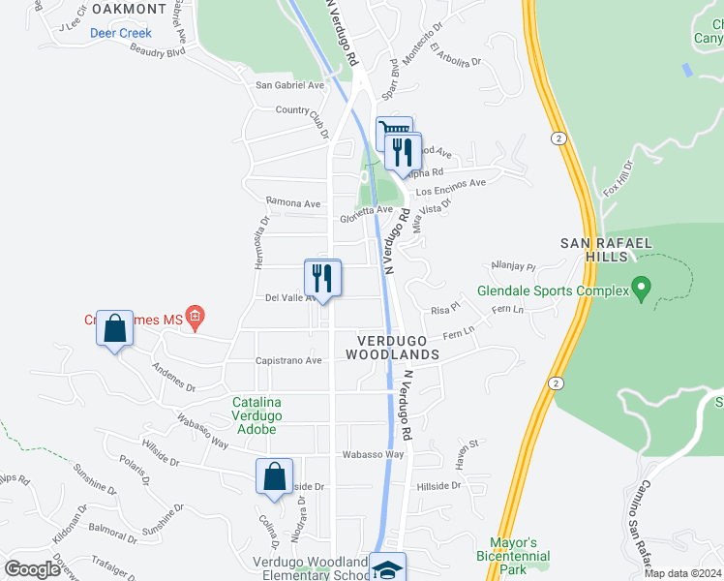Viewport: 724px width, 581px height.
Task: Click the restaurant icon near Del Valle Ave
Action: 322,277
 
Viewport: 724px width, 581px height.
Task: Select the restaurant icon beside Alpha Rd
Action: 403,152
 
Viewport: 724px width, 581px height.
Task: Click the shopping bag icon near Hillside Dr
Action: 275,476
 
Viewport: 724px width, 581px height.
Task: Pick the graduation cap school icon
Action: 388,569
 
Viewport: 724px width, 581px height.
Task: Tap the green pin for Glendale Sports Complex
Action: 639,288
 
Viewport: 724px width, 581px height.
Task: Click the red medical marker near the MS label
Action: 195,316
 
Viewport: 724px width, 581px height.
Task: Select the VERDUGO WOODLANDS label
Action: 399,348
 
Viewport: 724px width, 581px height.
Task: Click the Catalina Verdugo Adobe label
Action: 256,415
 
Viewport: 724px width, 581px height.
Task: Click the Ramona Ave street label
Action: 292,204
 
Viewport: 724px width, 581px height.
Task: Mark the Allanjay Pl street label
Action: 513,265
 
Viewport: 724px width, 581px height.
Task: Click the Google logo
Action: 33,569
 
